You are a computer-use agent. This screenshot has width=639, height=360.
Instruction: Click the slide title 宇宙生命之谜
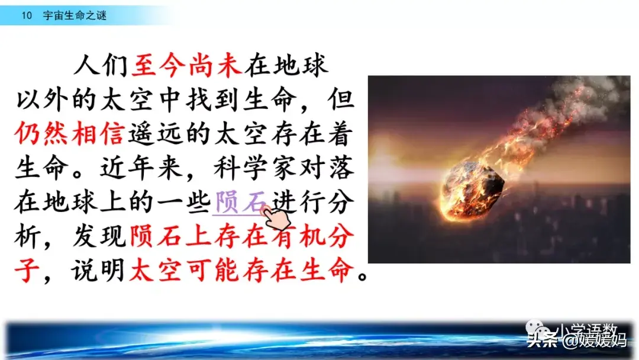75,16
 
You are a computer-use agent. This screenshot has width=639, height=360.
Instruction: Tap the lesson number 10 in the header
27,16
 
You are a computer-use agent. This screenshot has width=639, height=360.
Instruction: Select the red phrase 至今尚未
187,66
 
